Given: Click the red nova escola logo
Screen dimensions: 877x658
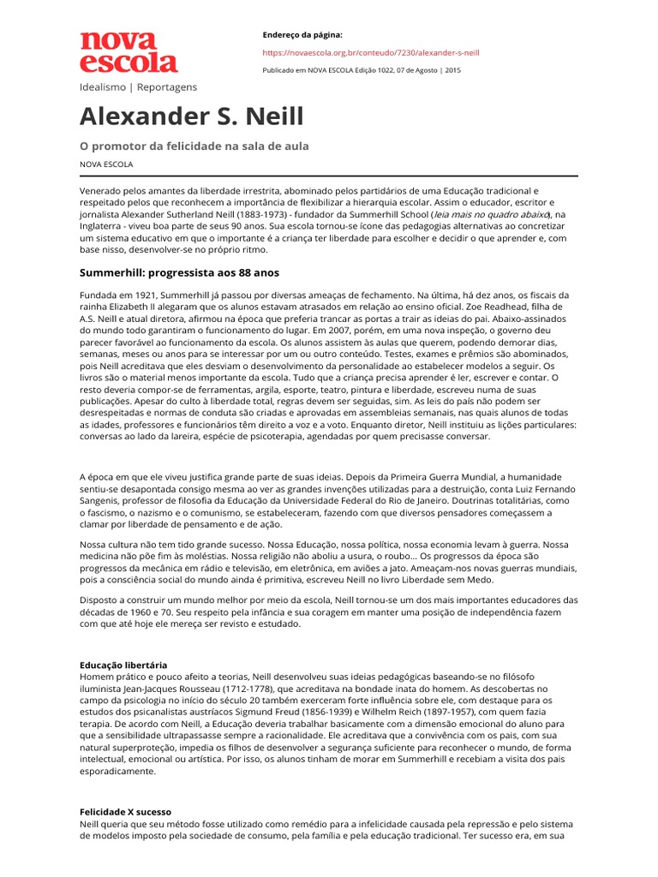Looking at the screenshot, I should (x=129, y=52).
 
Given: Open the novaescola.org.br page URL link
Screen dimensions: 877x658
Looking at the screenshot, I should (x=370, y=52).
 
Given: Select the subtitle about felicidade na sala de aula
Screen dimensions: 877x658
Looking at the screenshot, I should (x=194, y=146).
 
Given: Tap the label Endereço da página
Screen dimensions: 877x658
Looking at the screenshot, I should (x=302, y=34).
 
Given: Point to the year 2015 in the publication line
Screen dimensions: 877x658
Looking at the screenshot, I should (x=452, y=70).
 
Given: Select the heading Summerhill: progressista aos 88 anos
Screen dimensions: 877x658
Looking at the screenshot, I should (x=179, y=272).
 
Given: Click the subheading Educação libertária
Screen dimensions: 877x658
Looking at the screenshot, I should (x=123, y=665).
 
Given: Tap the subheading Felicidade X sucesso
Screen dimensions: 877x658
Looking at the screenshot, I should (x=125, y=811).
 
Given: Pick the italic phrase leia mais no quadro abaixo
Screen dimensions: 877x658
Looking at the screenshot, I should (x=490, y=214).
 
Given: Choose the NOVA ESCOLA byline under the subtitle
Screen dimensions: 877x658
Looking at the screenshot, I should (x=106, y=164).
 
